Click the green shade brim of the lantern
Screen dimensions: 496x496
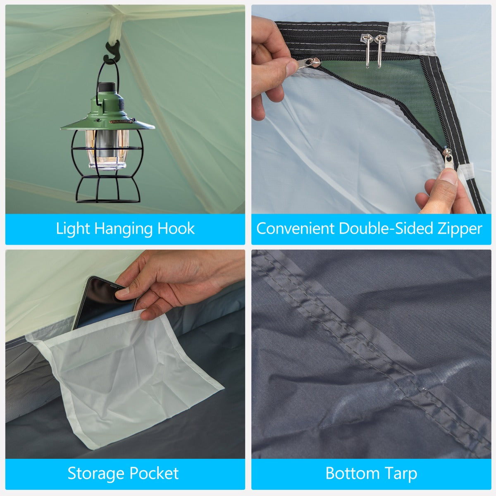pyautogui.click(x=107, y=125)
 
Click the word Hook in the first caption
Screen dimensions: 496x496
pyautogui.click(x=176, y=229)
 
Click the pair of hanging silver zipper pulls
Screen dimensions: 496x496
pyautogui.click(x=374, y=50)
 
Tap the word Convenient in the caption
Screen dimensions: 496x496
pyautogui.click(x=295, y=229)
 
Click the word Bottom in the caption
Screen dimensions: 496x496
pyautogui.click(x=353, y=473)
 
